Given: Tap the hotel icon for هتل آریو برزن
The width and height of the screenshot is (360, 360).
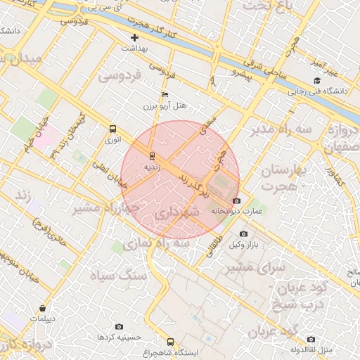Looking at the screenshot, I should coord(165,94).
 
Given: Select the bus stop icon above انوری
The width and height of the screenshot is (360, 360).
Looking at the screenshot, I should coord(112,129).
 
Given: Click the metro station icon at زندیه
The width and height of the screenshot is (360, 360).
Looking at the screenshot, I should coord(152,155).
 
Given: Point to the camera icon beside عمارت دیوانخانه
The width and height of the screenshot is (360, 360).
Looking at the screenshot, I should coord(236,200).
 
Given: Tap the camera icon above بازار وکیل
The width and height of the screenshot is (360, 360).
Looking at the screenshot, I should coord(243,233).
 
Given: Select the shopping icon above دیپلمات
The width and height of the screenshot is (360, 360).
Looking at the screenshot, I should coord(43,308).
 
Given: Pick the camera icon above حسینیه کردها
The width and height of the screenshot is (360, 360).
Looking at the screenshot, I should coord(119,326).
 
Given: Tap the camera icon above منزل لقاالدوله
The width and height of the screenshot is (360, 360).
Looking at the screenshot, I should coord(310,339).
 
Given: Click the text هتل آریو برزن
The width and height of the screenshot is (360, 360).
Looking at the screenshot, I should coord(172,105).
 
